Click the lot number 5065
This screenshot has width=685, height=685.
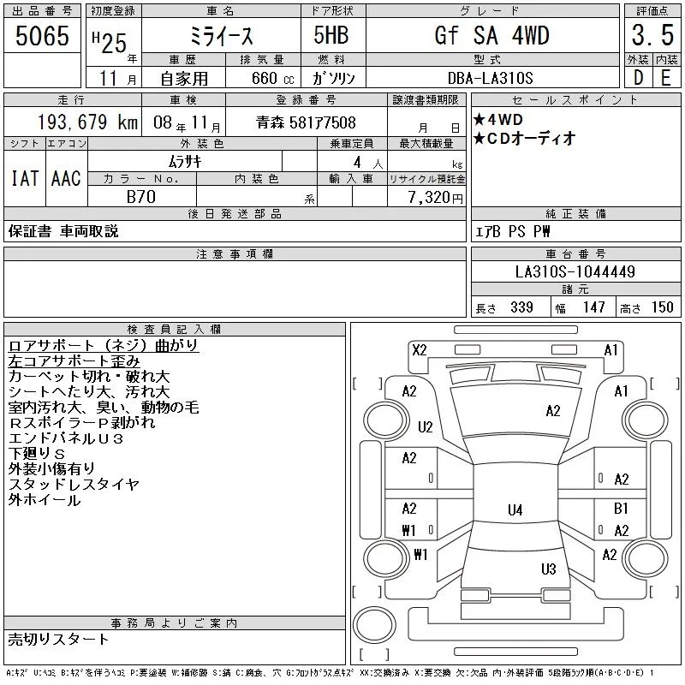[x=42, y=36]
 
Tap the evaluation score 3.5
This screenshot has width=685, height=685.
[x=652, y=35]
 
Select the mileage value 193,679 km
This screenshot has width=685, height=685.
[x=88, y=122]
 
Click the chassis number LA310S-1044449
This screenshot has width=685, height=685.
[x=575, y=271]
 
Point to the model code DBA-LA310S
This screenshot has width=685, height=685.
[x=490, y=78]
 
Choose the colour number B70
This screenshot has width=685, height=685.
[x=141, y=197]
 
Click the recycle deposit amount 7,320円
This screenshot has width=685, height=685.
[x=436, y=198]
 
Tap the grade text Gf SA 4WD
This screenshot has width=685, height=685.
[x=491, y=35]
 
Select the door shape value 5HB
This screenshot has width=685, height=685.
[x=331, y=35]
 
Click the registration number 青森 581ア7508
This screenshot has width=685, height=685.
[x=306, y=122]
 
